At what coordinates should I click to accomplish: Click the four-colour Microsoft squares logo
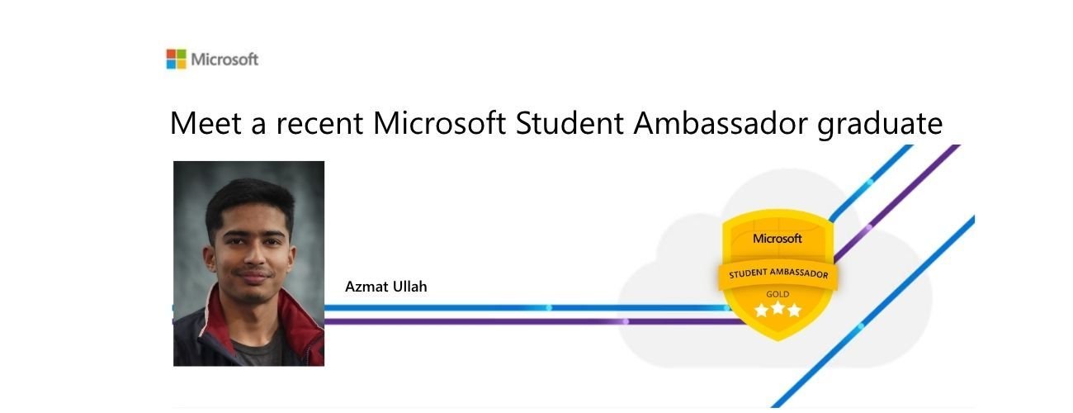(x=177, y=59)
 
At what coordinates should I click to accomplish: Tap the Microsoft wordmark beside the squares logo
(x=225, y=59)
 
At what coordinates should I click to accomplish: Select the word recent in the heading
(x=319, y=124)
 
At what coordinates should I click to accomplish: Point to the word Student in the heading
(x=570, y=123)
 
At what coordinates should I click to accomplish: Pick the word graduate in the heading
(x=880, y=126)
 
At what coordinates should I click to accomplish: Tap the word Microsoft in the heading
(x=439, y=123)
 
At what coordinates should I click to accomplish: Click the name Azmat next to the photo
(x=366, y=287)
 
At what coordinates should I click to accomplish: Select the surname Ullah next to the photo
(x=409, y=286)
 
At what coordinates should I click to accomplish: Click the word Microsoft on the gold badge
(x=777, y=238)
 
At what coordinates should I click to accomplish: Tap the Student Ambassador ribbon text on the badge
(x=778, y=273)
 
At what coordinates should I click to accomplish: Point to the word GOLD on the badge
(x=778, y=294)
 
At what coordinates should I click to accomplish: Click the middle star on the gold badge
(x=778, y=307)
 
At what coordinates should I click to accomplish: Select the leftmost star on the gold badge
(x=762, y=311)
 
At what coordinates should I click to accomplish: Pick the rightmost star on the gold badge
(x=794, y=311)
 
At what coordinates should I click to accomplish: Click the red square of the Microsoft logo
(x=171, y=54)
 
